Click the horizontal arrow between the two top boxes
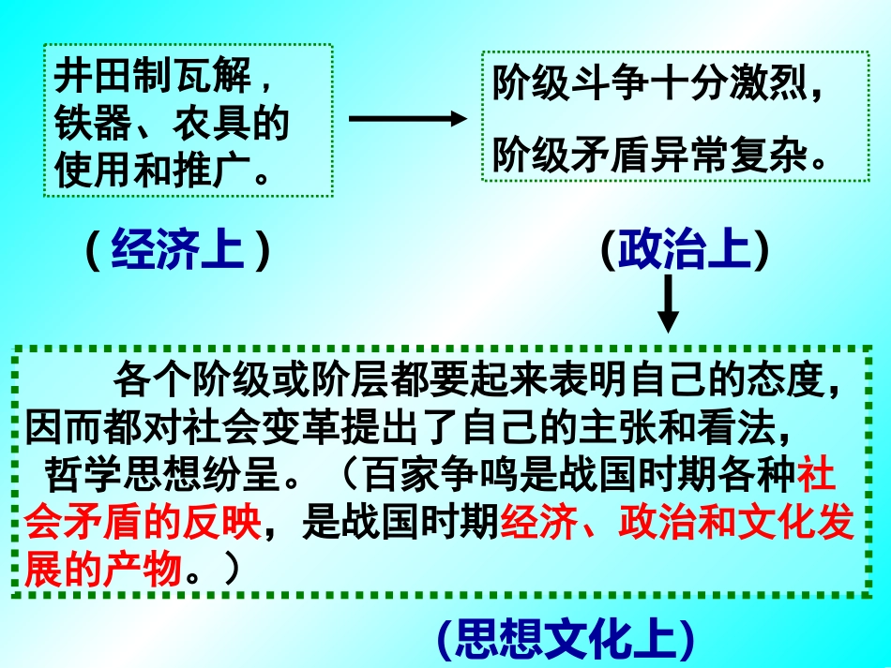[406, 118]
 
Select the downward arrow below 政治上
[667, 304]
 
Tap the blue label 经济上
[177, 250]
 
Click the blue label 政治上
[685, 250]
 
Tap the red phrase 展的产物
[103, 570]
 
